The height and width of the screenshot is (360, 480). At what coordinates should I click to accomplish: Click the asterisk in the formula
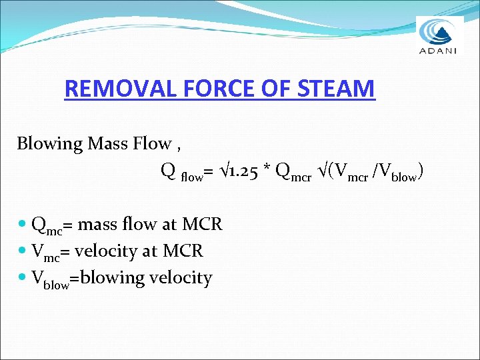pos(268,171)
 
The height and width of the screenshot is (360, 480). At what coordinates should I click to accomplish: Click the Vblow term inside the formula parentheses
pos(397,173)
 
